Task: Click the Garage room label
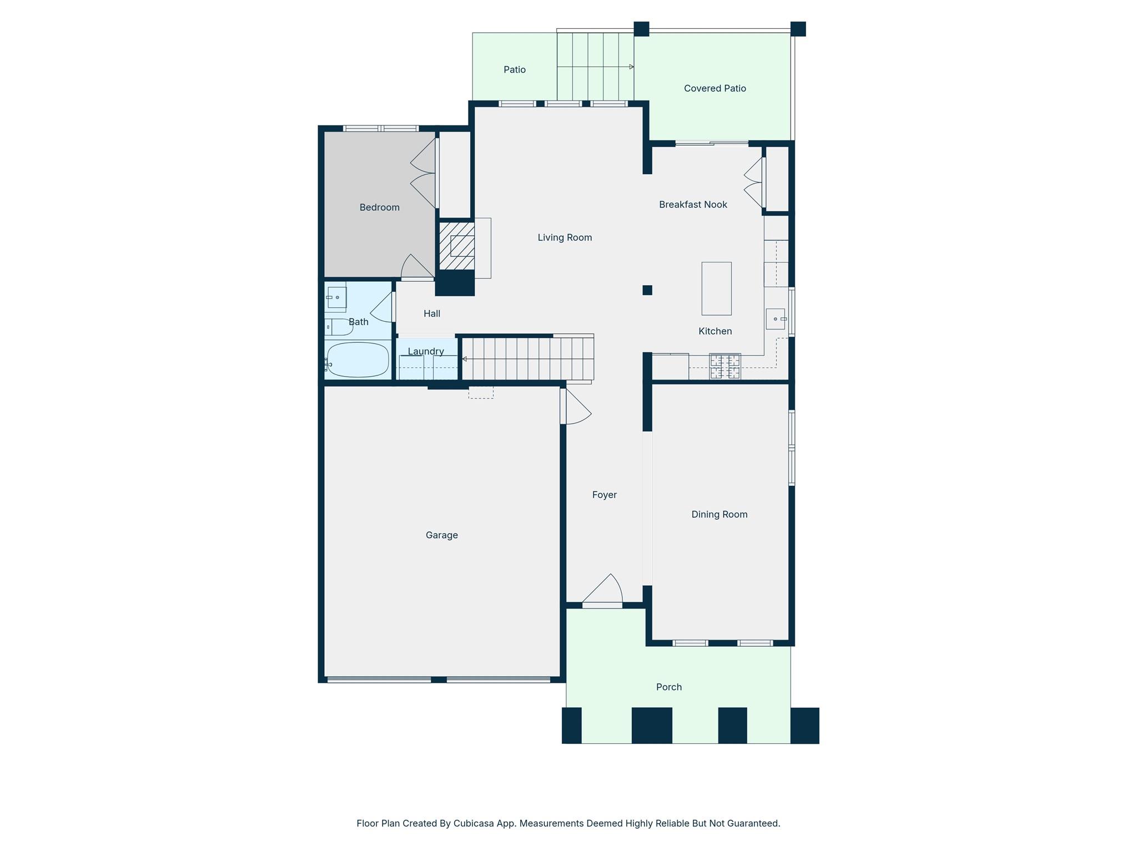[x=441, y=535]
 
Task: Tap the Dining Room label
[x=719, y=514]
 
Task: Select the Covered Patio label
[x=715, y=88]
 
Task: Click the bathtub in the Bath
[x=358, y=359]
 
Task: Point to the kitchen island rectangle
[x=716, y=288]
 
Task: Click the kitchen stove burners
[x=725, y=366]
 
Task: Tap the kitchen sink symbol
[x=776, y=319]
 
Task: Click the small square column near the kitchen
[x=647, y=290]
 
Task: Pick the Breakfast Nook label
[x=693, y=205]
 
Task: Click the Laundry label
[x=426, y=351]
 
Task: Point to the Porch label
[x=668, y=687]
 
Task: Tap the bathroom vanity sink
[x=336, y=297]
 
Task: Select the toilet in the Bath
[x=339, y=327]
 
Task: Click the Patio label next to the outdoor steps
[x=514, y=69]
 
